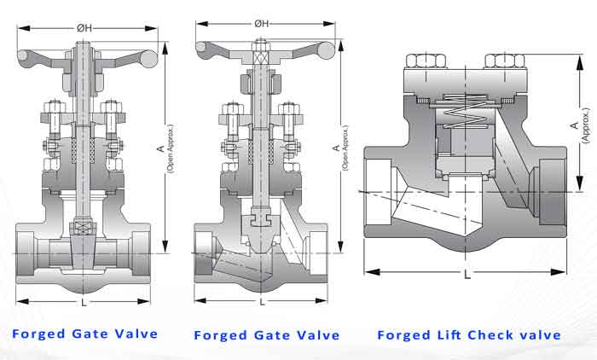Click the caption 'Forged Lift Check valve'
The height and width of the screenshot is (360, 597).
tap(469, 335)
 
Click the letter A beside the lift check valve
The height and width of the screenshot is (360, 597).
tap(574, 125)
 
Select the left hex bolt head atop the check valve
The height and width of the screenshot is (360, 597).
tap(422, 61)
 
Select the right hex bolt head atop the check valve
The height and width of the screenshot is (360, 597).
tap(501, 61)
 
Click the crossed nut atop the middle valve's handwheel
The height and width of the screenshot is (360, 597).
tap(263, 53)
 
